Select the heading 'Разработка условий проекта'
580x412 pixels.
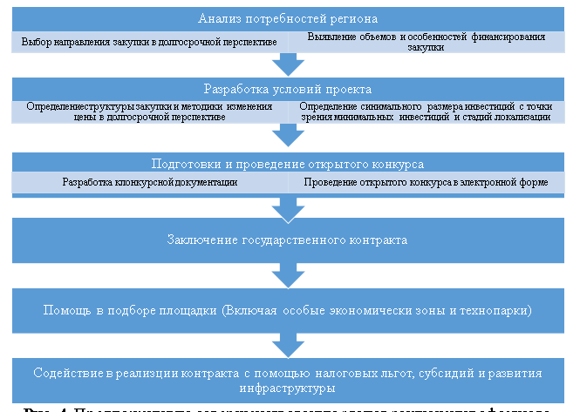click(x=287, y=89)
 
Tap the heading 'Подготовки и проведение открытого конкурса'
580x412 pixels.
click(x=287, y=163)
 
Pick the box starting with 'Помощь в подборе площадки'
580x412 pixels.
click(x=287, y=310)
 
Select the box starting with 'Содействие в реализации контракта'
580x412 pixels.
click(x=287, y=379)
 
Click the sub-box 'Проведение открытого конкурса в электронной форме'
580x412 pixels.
click(x=425, y=183)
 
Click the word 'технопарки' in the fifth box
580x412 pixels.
click(x=497, y=310)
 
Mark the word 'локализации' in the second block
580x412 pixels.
click(x=520, y=117)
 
